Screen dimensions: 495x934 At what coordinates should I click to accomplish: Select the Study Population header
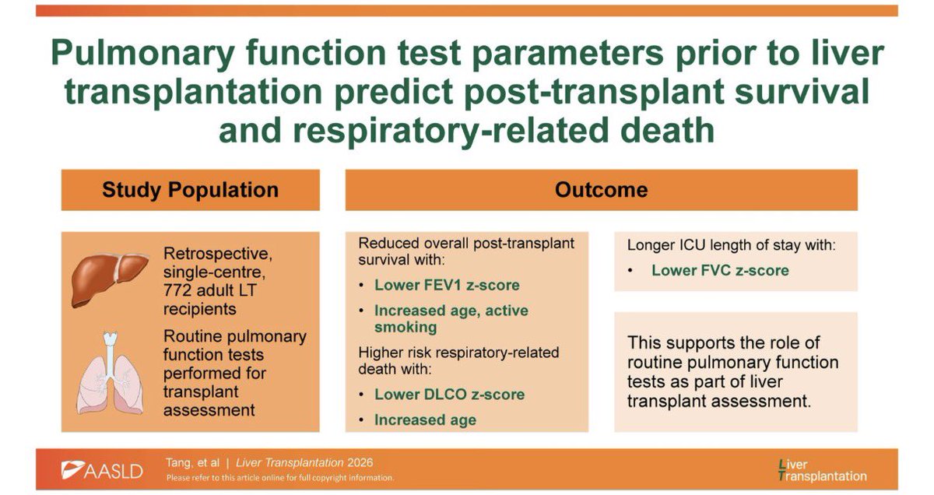[x=190, y=190]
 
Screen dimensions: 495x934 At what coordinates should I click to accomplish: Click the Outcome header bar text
[x=601, y=190]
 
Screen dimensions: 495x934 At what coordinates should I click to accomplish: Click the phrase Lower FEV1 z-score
[x=446, y=285]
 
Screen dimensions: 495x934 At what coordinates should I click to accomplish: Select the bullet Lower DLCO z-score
[x=449, y=394]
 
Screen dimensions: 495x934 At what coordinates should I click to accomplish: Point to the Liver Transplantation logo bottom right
[x=823, y=470]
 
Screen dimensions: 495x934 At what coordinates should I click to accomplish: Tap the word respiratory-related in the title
[x=405, y=130]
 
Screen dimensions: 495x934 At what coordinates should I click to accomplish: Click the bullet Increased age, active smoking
[x=451, y=318]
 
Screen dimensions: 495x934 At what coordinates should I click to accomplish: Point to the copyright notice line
[x=279, y=478]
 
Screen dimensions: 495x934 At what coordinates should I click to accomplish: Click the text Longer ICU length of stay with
[x=732, y=246]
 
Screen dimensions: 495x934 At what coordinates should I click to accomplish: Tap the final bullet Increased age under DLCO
[x=425, y=420]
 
